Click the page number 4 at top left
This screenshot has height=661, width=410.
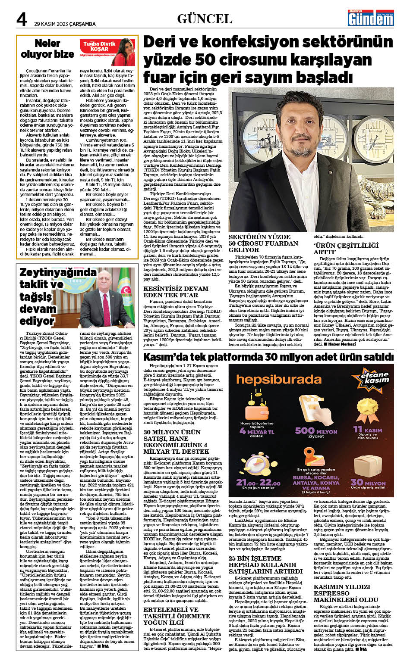[x=21, y=19]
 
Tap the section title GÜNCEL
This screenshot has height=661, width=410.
[x=205, y=19]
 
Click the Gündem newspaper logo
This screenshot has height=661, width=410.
[x=371, y=18]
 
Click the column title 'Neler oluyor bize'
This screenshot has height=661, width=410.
[x=47, y=49]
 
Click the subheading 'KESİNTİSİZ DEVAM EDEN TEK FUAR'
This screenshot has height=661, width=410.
[x=176, y=292]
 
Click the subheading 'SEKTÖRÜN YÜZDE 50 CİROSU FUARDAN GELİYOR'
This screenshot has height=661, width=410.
[x=263, y=243]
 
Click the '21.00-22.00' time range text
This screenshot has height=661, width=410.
[x=258, y=483]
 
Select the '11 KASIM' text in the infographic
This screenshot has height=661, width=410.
[x=367, y=430]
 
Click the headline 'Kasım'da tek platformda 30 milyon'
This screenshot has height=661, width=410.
[x=268, y=357]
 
